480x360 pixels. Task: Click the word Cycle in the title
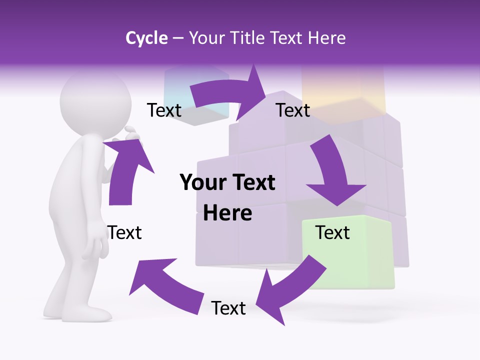tap(146, 38)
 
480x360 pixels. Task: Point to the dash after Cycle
tap(178, 38)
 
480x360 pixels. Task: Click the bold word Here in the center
tap(227, 213)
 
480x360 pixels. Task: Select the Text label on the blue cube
tap(164, 110)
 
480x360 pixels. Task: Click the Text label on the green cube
tap(332, 232)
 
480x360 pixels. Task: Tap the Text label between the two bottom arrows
tap(228, 308)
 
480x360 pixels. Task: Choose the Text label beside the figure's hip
tap(124, 232)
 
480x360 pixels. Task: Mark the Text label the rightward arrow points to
tap(293, 110)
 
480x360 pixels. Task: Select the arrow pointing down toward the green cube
tap(334, 172)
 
